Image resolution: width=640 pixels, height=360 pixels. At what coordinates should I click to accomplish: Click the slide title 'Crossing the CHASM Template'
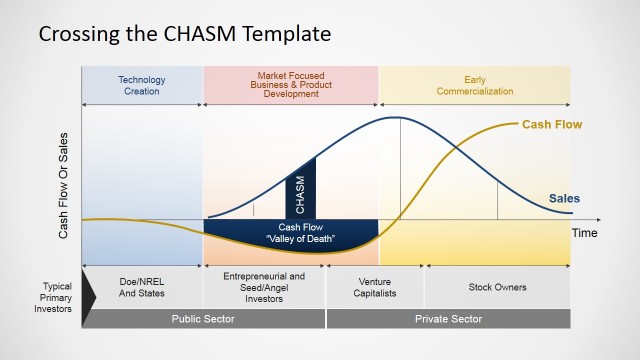tap(184, 34)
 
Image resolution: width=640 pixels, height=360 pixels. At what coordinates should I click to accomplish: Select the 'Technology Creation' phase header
tap(142, 85)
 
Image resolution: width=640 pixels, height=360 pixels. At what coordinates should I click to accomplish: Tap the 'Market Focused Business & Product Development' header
tap(290, 85)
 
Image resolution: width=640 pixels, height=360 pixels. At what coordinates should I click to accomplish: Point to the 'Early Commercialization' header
tap(474, 85)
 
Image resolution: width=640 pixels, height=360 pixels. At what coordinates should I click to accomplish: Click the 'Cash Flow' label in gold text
tap(552, 125)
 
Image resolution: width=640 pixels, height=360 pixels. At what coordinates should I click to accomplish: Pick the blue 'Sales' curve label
tap(564, 198)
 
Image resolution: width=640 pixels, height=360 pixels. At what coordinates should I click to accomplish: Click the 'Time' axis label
tap(584, 232)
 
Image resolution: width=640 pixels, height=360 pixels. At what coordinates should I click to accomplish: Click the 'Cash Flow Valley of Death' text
tap(291, 233)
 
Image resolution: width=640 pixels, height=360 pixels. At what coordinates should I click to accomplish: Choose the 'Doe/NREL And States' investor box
tap(141, 288)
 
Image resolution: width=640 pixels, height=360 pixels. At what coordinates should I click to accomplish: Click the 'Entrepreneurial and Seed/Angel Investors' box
tap(264, 287)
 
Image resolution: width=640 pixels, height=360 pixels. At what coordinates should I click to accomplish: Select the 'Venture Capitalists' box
tap(375, 288)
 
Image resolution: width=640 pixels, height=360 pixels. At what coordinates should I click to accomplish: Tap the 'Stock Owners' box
tap(497, 288)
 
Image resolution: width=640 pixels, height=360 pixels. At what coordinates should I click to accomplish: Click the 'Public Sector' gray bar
tap(203, 319)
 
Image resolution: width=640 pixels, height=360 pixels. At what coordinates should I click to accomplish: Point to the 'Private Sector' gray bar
tap(448, 319)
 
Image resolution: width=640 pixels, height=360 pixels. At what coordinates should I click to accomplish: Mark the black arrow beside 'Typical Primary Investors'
tap(88, 287)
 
